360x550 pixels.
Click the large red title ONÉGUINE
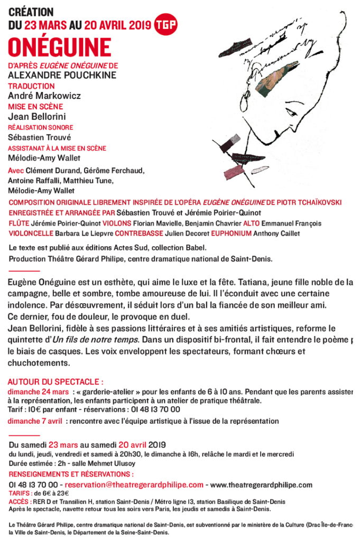pos(60,48)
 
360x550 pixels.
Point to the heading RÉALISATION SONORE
pos(40,127)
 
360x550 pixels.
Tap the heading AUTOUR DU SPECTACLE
pos(56,381)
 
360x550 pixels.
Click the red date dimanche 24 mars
pos(38,391)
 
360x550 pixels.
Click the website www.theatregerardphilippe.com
pos(261,484)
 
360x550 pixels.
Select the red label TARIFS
pos(20,493)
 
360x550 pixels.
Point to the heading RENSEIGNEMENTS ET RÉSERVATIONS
pos(71,474)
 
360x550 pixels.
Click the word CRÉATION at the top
pos(31,12)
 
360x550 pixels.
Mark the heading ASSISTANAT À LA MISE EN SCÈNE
pos(57,148)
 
